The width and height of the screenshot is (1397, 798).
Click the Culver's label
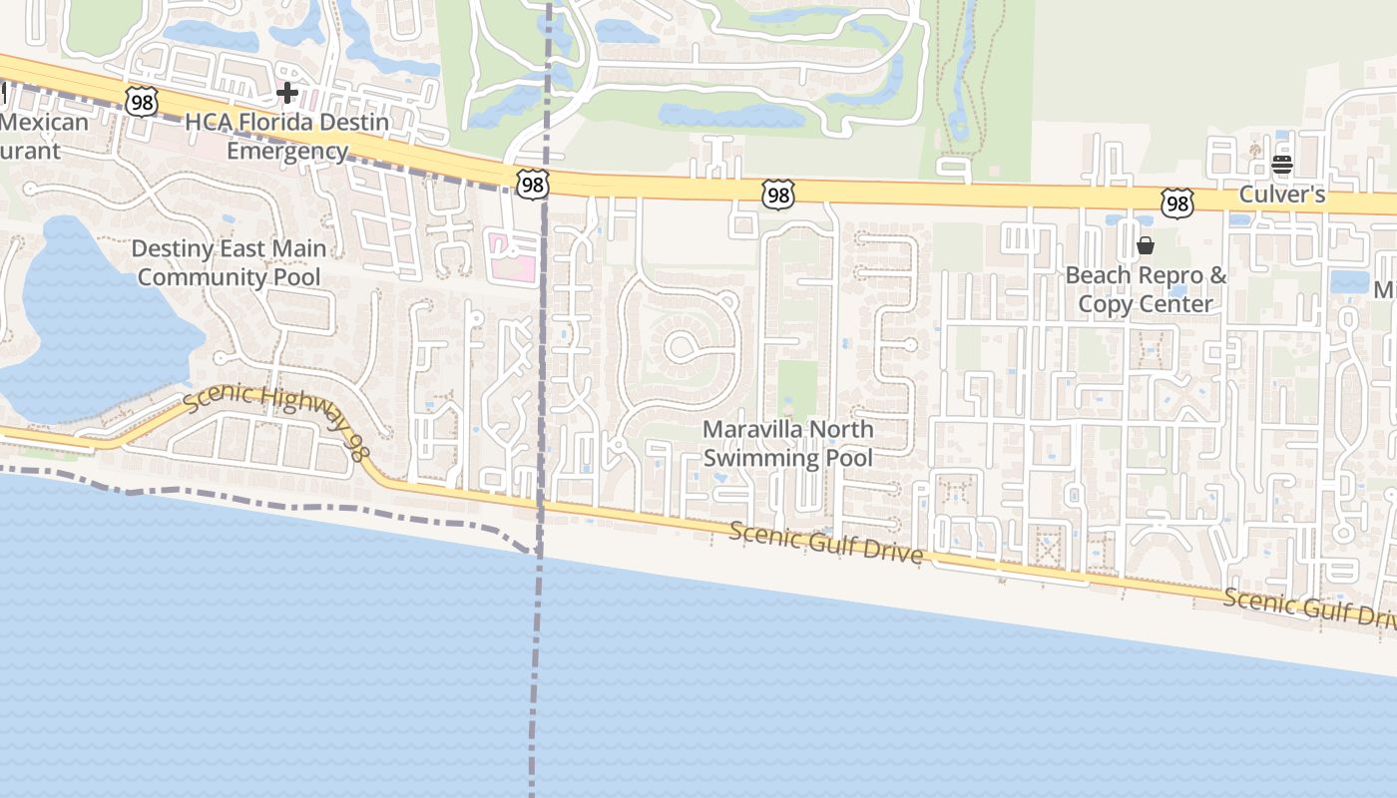click(1281, 195)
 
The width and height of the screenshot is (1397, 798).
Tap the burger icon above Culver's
click(1282, 165)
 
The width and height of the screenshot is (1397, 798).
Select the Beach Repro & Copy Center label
click(1146, 289)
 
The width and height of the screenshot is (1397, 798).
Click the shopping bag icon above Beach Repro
click(1146, 245)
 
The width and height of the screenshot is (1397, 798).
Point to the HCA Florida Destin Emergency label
click(287, 137)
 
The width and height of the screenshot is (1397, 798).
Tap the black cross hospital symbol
click(287, 94)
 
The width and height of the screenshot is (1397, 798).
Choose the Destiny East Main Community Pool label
click(229, 262)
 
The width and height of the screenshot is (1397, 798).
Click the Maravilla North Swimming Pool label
click(787, 444)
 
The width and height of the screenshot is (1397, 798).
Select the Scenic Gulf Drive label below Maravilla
click(825, 542)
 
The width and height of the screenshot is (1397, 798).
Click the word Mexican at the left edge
click(44, 123)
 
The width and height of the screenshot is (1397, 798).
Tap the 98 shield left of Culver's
click(1177, 203)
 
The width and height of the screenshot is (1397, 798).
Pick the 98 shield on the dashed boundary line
click(533, 183)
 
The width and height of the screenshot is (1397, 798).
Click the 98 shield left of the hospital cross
click(142, 100)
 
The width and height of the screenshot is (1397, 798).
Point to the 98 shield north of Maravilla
click(777, 195)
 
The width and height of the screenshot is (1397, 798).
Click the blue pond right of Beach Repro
click(1349, 281)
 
